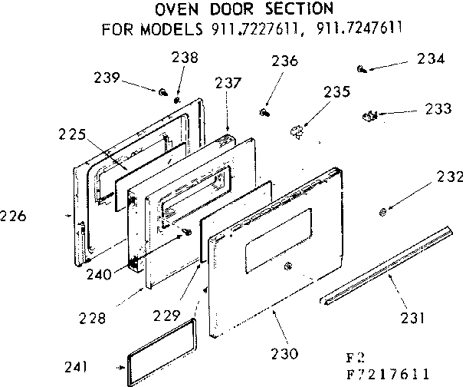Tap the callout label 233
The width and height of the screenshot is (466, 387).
point(438,110)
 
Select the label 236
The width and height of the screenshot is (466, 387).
point(284,63)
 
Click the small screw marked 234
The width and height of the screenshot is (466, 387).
point(362,68)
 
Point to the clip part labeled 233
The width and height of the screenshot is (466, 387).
point(369,116)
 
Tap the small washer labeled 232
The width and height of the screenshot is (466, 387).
point(382,208)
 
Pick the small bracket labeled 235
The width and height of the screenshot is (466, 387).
point(297,128)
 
